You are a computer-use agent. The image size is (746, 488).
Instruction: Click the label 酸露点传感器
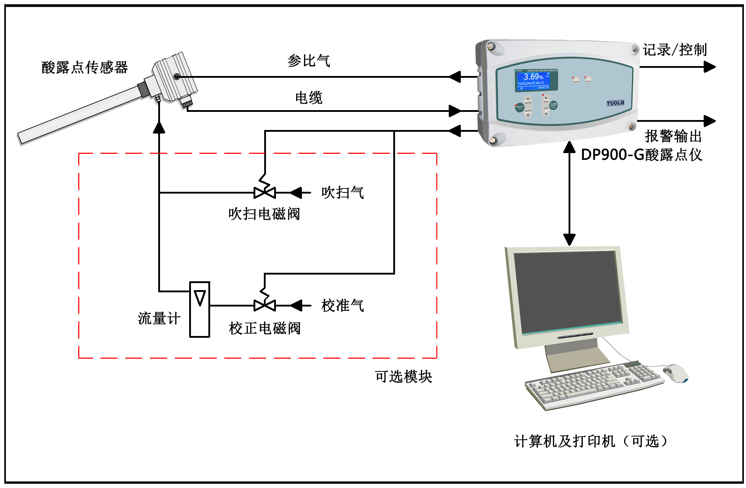pyautogui.click(x=85, y=67)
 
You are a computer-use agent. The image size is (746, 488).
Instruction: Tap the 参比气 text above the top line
pyautogui.click(x=309, y=61)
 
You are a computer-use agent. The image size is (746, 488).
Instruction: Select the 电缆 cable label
pyautogui.click(x=309, y=98)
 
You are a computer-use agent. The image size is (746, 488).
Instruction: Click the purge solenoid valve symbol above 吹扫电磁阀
pyautogui.click(x=265, y=192)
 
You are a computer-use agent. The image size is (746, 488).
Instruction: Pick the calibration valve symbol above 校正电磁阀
pyautogui.click(x=265, y=305)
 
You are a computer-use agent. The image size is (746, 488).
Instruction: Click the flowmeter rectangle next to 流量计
pyautogui.click(x=199, y=309)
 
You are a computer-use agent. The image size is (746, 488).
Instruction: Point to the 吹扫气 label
pyautogui.click(x=342, y=193)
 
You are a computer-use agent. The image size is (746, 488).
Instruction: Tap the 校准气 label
pyautogui.click(x=342, y=305)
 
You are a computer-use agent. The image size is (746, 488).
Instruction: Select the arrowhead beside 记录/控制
pyautogui.click(x=709, y=67)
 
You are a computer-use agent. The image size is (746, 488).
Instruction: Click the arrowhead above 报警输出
pyautogui.click(x=709, y=121)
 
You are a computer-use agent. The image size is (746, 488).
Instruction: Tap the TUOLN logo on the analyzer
pyautogui.click(x=615, y=103)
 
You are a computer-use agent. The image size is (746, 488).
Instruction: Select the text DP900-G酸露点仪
pyautogui.click(x=641, y=155)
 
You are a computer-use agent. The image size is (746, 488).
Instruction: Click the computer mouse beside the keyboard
pyautogui.click(x=676, y=373)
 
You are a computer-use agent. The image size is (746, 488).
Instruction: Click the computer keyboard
pyautogui.click(x=594, y=385)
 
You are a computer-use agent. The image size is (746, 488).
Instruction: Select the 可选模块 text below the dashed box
pyautogui.click(x=403, y=376)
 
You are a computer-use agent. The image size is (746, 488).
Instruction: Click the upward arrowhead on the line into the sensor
pyautogui.click(x=159, y=128)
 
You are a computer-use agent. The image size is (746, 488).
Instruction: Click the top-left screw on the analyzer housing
pyautogui.click(x=491, y=46)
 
